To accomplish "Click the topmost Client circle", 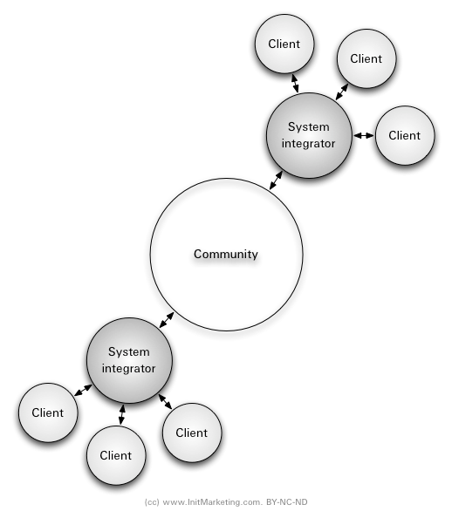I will (x=284, y=44).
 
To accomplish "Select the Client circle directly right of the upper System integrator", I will (x=405, y=135).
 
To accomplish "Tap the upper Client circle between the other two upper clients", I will (x=366, y=58).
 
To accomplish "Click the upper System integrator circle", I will (x=309, y=135).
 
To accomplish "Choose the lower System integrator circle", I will (x=129, y=360).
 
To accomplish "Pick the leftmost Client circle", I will (x=48, y=412).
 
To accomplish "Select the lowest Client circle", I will (x=116, y=455).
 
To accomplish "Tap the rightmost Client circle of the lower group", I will (x=192, y=433).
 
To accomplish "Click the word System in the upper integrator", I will (x=309, y=127).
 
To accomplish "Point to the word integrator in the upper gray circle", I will (x=309, y=143).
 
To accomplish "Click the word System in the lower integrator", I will (x=129, y=352).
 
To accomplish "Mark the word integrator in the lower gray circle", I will (x=129, y=368).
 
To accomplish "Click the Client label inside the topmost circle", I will (x=284, y=44).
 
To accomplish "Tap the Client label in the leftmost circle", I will (x=48, y=412).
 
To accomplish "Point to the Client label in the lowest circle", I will (x=116, y=455).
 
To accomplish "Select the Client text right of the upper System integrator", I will (x=405, y=135).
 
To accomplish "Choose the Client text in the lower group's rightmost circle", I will (x=192, y=433).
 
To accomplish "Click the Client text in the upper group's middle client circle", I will (x=366, y=58).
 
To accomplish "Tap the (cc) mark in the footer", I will (x=152, y=503).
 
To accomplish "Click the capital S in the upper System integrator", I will (x=291, y=127).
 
